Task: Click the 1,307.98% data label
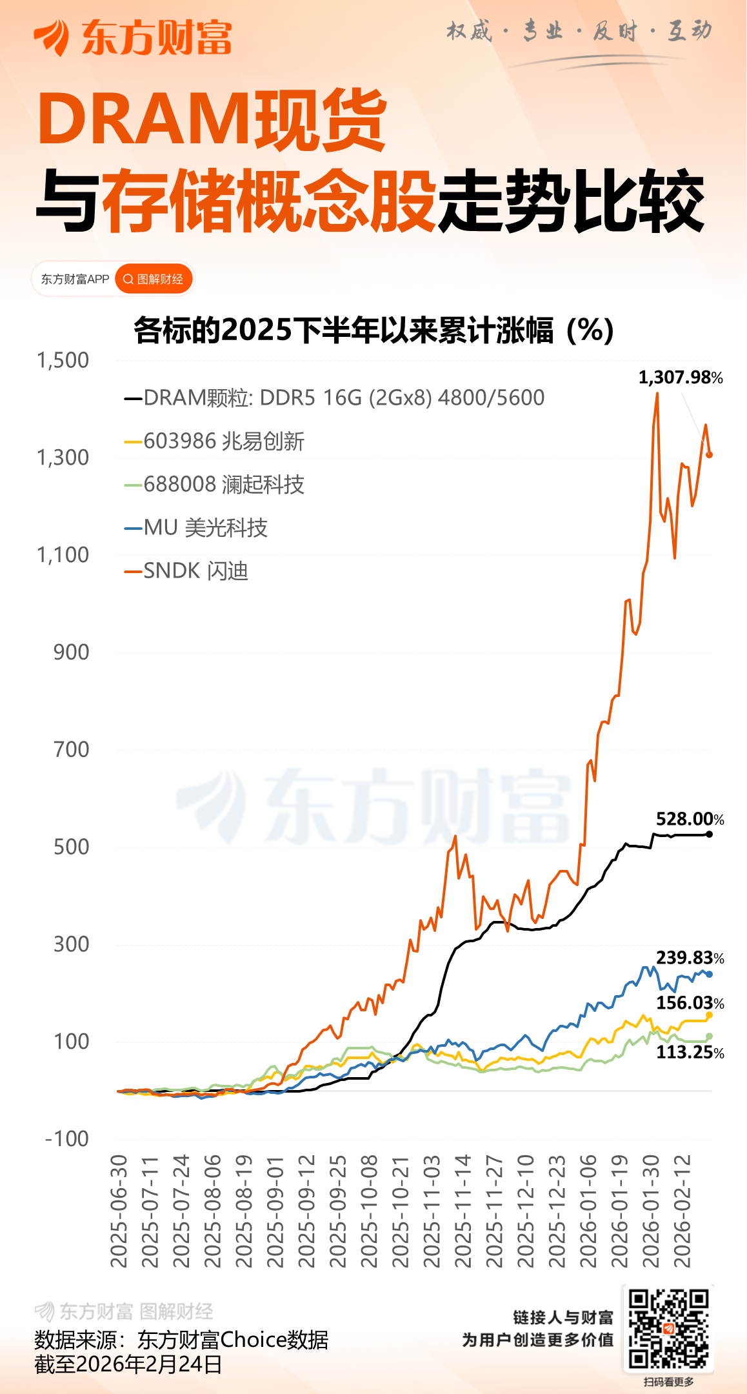coord(680,378)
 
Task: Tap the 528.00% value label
coord(690,819)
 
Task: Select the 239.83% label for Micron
coord(690,958)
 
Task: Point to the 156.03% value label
coord(690,1003)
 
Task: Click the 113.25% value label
coord(690,1053)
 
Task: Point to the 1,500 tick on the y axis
coord(63,360)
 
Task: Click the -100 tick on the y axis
coord(67,1138)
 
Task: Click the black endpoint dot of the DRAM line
coord(710,834)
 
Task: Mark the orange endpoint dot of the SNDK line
coord(710,455)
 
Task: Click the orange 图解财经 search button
coord(154,279)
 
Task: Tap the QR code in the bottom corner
coord(668,1329)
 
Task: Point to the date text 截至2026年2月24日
coord(128,1364)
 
